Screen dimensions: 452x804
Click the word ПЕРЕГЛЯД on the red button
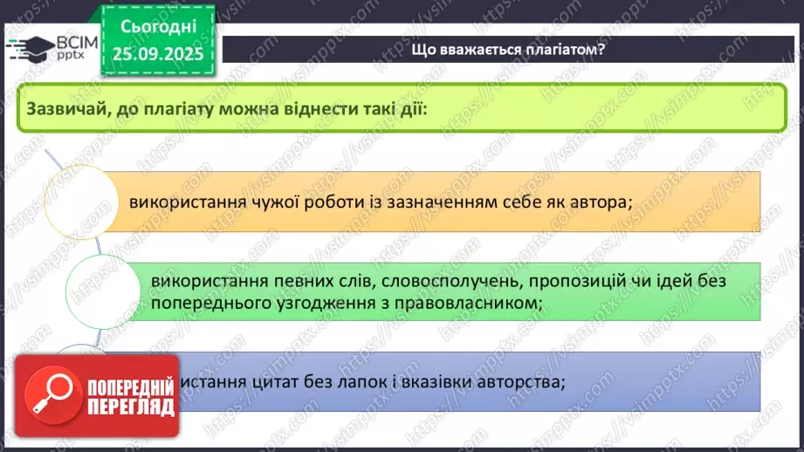(130, 407)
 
